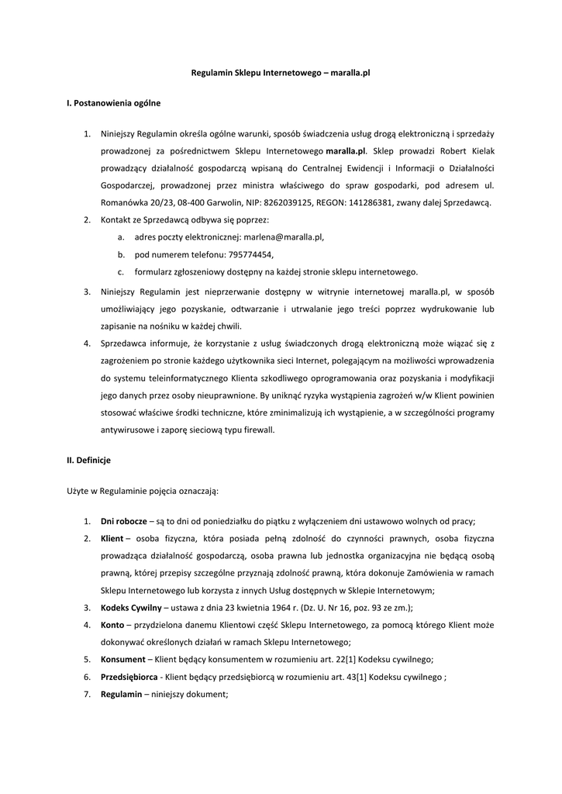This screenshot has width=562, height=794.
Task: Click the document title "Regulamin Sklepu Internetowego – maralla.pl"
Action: pyautogui.click(x=281, y=71)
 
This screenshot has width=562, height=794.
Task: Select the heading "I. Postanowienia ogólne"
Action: pyautogui.click(x=113, y=102)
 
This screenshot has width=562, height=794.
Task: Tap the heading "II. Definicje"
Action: pyautogui.click(x=89, y=460)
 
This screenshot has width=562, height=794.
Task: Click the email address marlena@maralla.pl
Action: pyautogui.click(x=283, y=237)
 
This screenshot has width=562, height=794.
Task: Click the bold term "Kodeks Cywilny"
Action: pyautogui.click(x=131, y=607)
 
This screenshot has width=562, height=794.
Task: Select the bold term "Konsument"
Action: pyautogui.click(x=122, y=659)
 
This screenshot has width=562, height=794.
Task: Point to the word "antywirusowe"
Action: pyautogui.click(x=126, y=430)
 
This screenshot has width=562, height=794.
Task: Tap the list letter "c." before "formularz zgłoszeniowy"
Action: pyautogui.click(x=122, y=272)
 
